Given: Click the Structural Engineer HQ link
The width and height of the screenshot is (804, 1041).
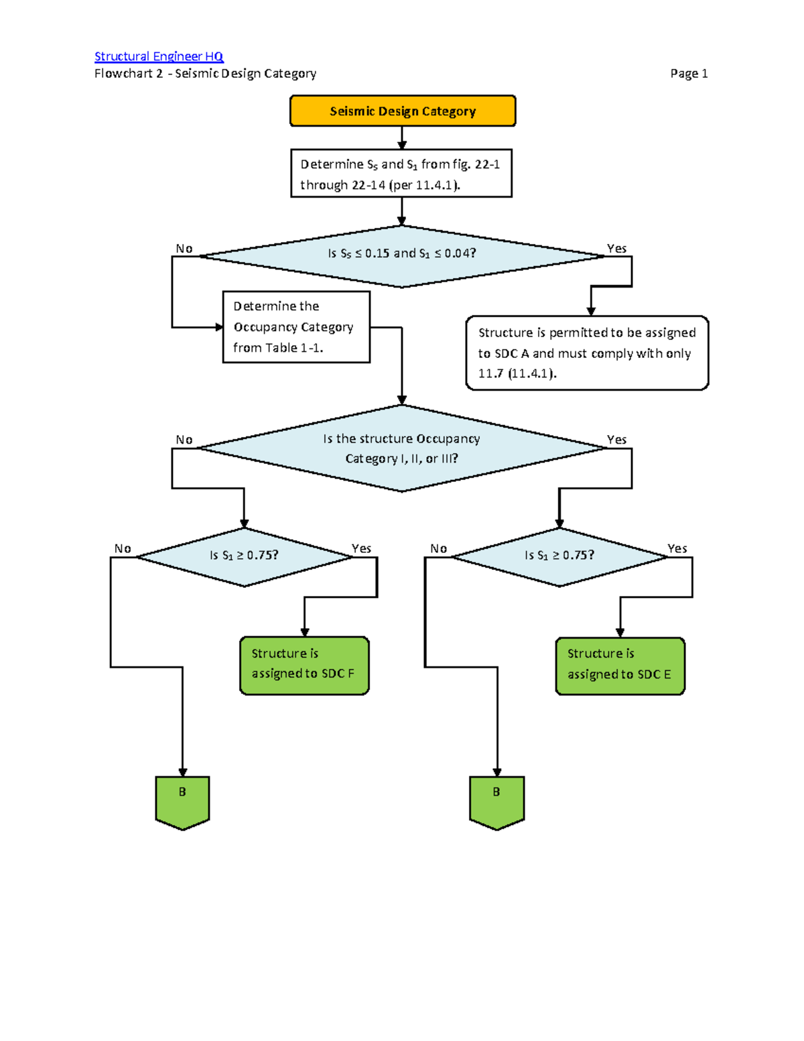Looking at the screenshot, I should (x=159, y=56).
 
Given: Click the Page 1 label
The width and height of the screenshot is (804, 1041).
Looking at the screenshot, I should (x=689, y=74).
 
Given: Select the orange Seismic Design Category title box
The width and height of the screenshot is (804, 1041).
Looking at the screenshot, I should (x=402, y=111).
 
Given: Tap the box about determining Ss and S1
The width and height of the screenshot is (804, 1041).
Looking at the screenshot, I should (x=401, y=174).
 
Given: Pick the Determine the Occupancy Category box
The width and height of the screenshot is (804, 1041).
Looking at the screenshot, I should (x=295, y=327).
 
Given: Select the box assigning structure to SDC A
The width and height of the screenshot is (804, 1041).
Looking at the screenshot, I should (x=587, y=353).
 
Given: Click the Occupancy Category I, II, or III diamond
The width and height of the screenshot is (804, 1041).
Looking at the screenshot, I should (x=402, y=448).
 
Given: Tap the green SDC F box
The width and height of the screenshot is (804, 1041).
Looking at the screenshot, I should (x=304, y=666).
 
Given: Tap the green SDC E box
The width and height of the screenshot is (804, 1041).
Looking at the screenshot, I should (x=620, y=666).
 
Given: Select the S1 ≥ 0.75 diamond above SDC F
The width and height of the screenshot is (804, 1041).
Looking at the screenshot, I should (x=244, y=556).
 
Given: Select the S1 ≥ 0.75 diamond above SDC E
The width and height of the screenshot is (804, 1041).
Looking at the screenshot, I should (x=559, y=556).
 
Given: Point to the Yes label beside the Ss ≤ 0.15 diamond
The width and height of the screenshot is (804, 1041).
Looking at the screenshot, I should (x=616, y=249).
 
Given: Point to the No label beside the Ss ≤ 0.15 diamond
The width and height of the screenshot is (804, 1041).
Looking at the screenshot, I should (x=184, y=249).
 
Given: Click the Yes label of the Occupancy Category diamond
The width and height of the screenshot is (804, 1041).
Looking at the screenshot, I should (x=616, y=440).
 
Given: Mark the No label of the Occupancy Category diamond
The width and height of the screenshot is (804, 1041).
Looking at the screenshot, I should (x=184, y=440).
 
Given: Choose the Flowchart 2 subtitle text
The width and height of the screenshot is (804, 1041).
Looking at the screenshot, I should (x=205, y=74).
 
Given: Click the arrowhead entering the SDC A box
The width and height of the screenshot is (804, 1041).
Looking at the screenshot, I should (x=591, y=311).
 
